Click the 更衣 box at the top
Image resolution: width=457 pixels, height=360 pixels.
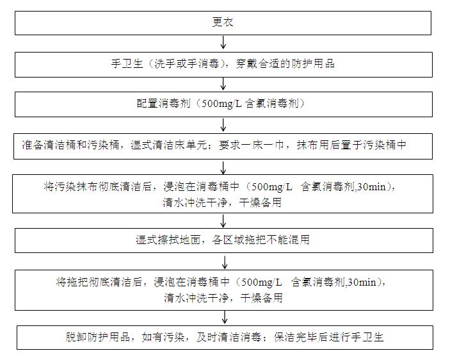(223, 22)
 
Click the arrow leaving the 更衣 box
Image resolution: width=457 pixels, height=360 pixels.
(223, 42)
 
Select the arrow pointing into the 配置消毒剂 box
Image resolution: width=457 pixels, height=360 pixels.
(223, 84)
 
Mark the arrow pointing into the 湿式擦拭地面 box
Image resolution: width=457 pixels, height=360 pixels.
(223, 221)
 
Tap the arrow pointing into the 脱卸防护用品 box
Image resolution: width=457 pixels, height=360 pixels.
(223, 317)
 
